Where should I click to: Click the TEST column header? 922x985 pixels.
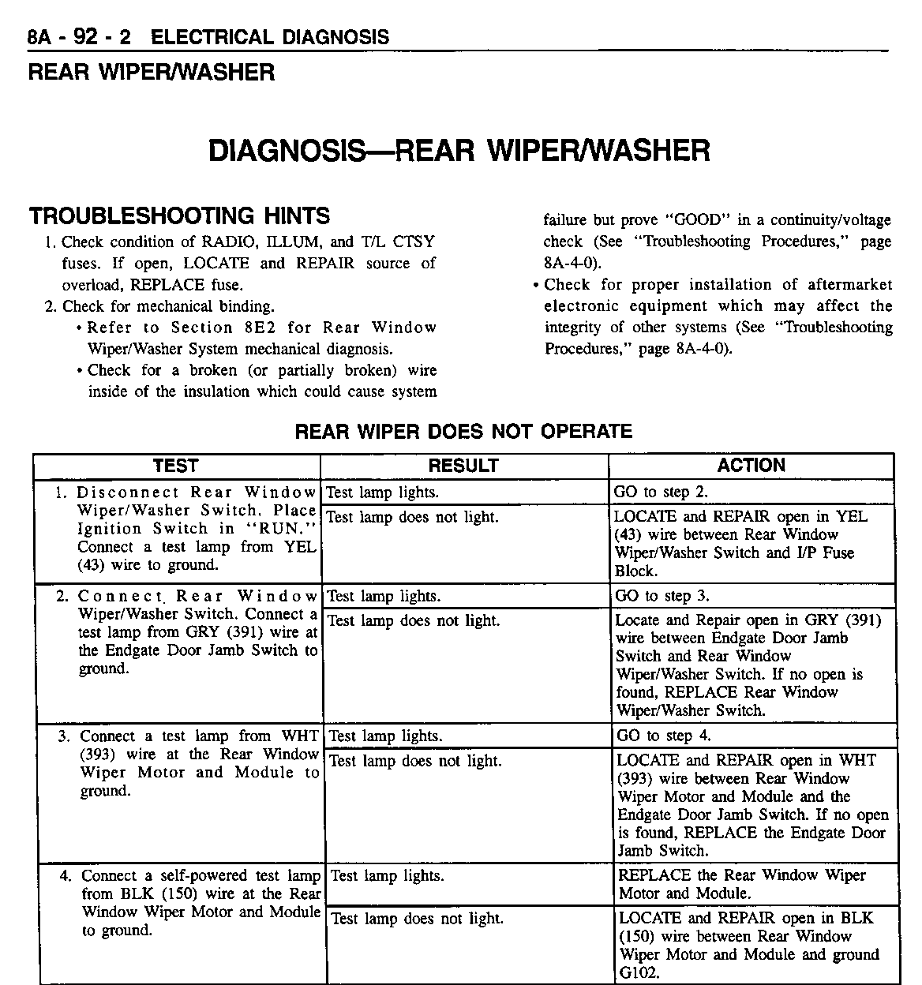175,466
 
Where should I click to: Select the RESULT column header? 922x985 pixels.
463,466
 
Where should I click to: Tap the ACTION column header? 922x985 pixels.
751,466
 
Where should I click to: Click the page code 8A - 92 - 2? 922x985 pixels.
80,37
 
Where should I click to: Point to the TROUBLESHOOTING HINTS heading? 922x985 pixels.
179,216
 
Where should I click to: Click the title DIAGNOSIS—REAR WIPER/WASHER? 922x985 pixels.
459,150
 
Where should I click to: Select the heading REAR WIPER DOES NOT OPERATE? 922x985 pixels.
463,432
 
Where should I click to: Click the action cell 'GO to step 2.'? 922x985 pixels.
662,492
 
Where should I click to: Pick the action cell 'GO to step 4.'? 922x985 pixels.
664,736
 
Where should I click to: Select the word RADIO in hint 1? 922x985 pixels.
227,242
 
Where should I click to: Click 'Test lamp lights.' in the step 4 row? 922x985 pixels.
387,876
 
